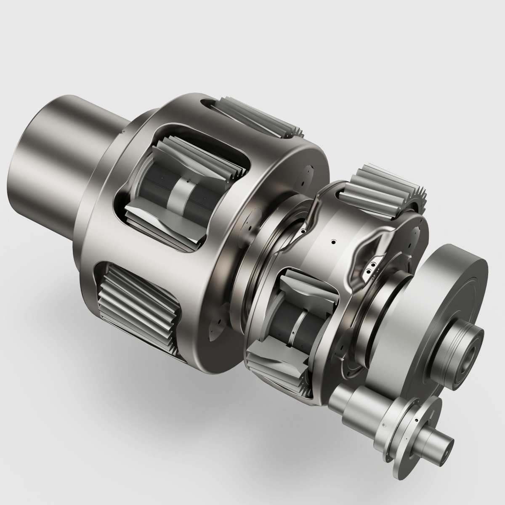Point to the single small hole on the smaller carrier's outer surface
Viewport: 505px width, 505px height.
[x=333, y=242]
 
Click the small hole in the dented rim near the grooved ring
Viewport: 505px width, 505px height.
[x=302, y=231]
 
